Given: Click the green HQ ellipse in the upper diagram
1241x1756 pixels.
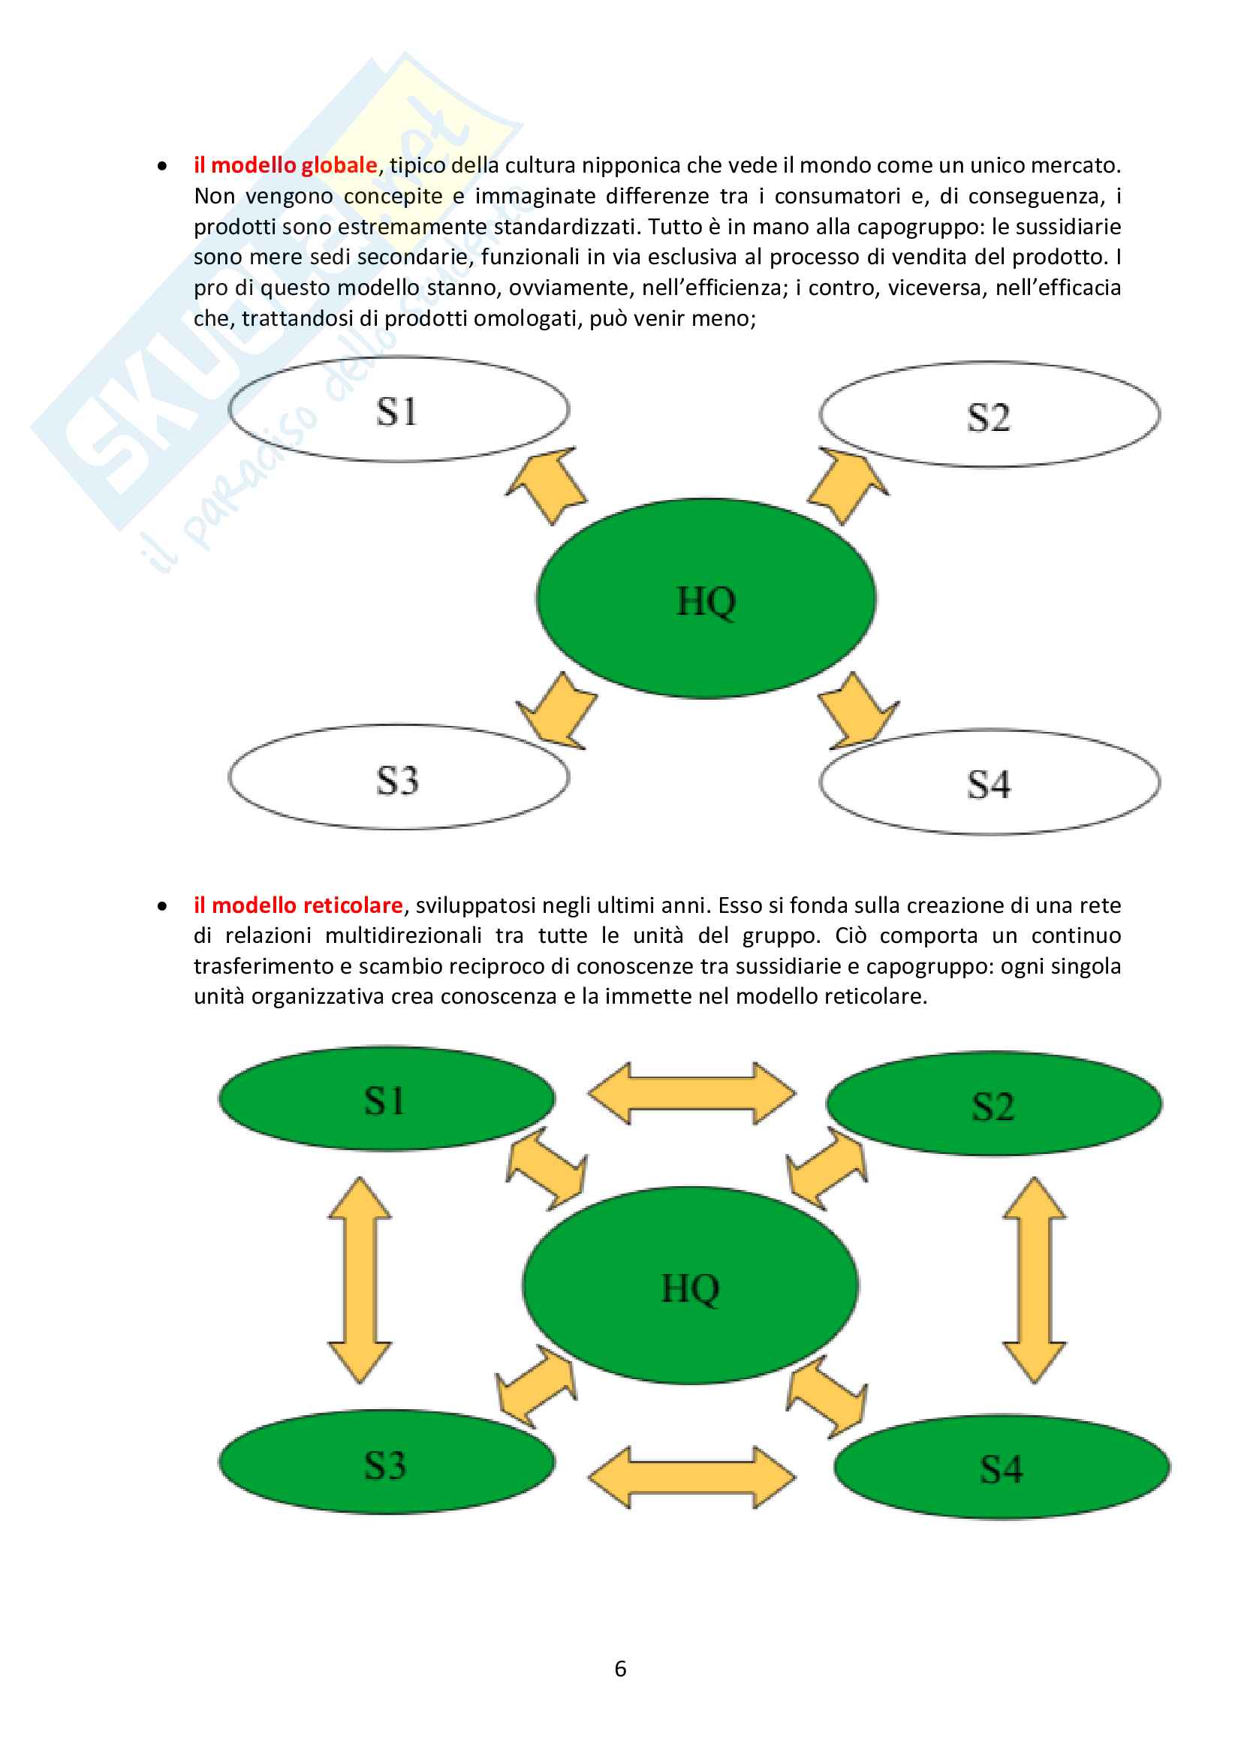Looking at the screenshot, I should point(706,598).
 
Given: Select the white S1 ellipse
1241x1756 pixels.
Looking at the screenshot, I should point(399,409).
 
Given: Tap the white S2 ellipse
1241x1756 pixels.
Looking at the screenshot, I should point(989,414).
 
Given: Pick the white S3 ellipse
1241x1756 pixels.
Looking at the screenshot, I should point(399,777).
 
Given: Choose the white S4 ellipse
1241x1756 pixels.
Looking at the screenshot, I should point(989,782).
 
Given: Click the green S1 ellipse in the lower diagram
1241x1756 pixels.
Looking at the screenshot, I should point(387,1098).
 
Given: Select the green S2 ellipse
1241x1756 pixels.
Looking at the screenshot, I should point(994,1104).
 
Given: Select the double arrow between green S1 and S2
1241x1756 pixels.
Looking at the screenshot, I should point(692,1093).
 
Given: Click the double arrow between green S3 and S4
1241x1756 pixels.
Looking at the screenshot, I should point(692,1477).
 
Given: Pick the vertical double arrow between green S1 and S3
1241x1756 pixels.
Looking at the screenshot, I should point(360,1279).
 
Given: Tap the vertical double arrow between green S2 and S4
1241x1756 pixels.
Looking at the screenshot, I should point(1035,1279).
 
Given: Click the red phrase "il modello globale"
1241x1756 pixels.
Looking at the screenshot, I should point(285,165).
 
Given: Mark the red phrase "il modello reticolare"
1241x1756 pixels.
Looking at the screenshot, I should point(298,905).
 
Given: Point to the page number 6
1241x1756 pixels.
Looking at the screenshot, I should point(620,1668).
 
